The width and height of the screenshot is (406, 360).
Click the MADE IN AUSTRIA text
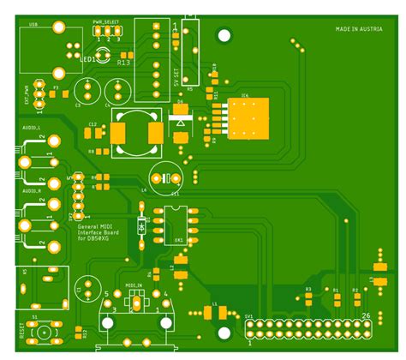tap(359, 30)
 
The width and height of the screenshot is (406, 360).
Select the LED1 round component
tap(102, 55)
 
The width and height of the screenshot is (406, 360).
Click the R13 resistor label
tap(124, 63)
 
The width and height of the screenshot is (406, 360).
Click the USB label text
tap(33, 26)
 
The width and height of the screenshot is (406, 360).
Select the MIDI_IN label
tap(134, 285)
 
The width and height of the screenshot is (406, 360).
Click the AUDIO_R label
tap(32, 190)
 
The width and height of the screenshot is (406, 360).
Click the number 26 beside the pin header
tap(366, 316)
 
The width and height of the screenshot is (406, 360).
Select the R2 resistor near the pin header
tap(356, 299)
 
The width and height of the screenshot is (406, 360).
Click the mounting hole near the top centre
tap(224, 36)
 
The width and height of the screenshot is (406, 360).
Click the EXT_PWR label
tap(28, 93)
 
